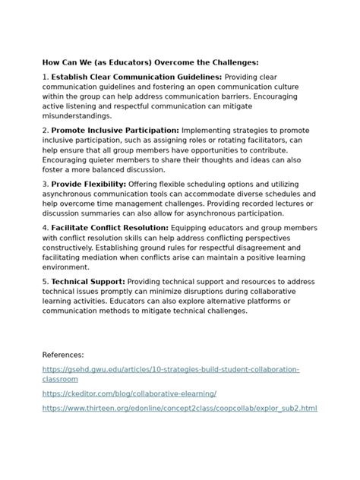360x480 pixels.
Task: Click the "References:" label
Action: tap(63, 355)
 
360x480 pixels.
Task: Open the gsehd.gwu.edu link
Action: tap(171, 369)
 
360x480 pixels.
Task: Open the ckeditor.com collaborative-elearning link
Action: tap(130, 393)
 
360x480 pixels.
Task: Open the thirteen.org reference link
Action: tap(180, 409)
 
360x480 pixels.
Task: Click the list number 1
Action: tap(45, 77)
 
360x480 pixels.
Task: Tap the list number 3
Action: tap(45, 185)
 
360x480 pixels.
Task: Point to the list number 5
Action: tap(45, 282)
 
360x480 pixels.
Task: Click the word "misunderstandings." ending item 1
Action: tap(77, 116)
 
